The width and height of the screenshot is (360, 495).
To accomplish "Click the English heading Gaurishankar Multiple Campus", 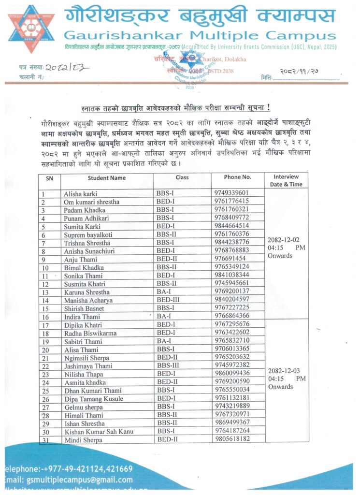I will pos(200,36).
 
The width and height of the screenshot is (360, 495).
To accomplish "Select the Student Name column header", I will pos(106,177).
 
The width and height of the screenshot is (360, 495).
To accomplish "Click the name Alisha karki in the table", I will pos(80,193).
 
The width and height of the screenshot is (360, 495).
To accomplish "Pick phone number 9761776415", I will pos(231,201).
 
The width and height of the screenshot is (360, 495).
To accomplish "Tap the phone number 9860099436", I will pos(232,373).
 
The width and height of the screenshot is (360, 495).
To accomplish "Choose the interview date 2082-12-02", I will pos(283,239).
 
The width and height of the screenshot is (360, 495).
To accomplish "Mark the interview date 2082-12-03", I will pos(283,371).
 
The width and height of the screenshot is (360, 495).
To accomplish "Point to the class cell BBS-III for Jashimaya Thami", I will pos(168,365).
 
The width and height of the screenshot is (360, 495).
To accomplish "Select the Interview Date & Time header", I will pos(286,180).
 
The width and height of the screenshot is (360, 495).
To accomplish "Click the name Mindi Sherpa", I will pos(83,440).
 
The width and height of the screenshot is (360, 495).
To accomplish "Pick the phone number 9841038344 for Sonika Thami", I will pos(232,275).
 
